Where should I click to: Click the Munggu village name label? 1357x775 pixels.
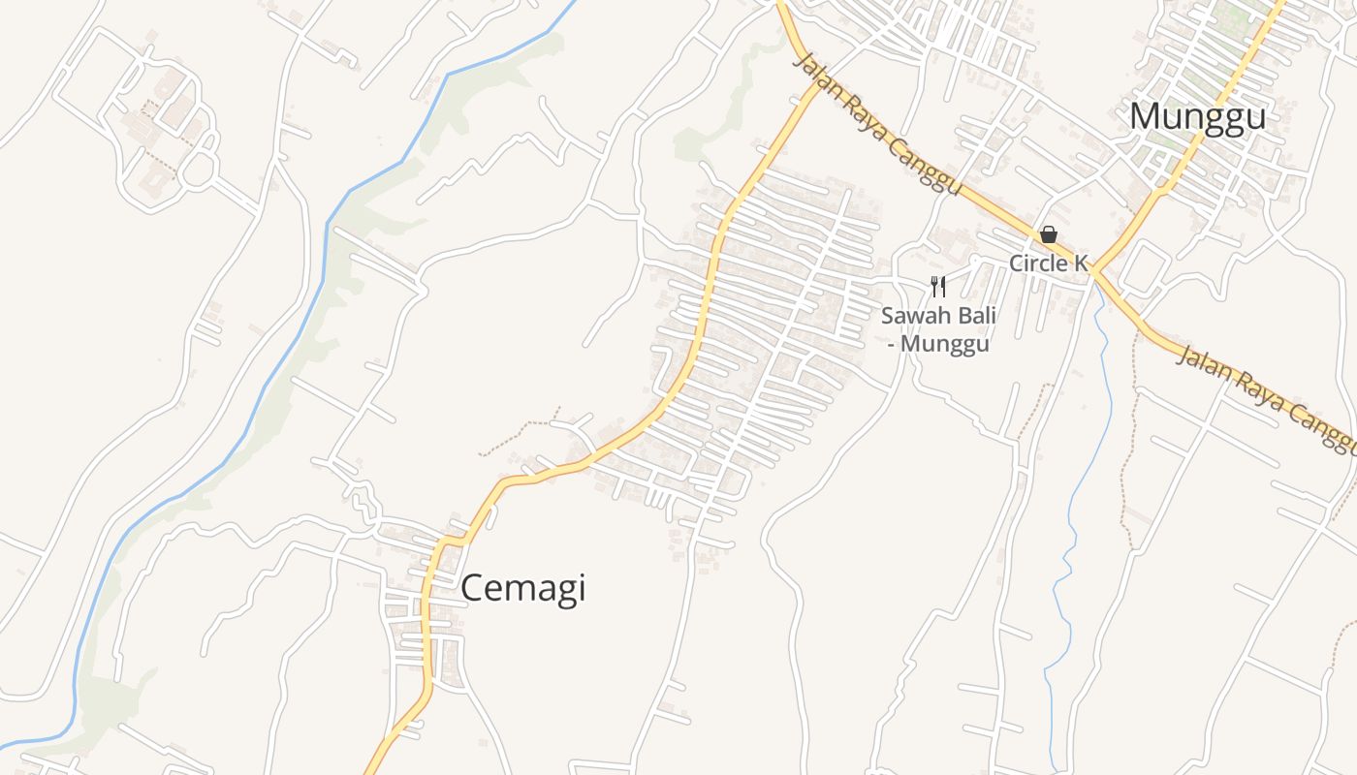[1197, 117]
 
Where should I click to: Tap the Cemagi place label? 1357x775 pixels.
[522, 588]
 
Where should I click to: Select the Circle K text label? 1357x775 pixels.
[1049, 263]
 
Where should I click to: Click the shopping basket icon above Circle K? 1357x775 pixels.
[1048, 234]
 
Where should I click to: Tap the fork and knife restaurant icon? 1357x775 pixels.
[937, 286]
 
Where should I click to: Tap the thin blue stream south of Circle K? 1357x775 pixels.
[1071, 542]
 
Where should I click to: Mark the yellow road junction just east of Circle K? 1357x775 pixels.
[1093, 272]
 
